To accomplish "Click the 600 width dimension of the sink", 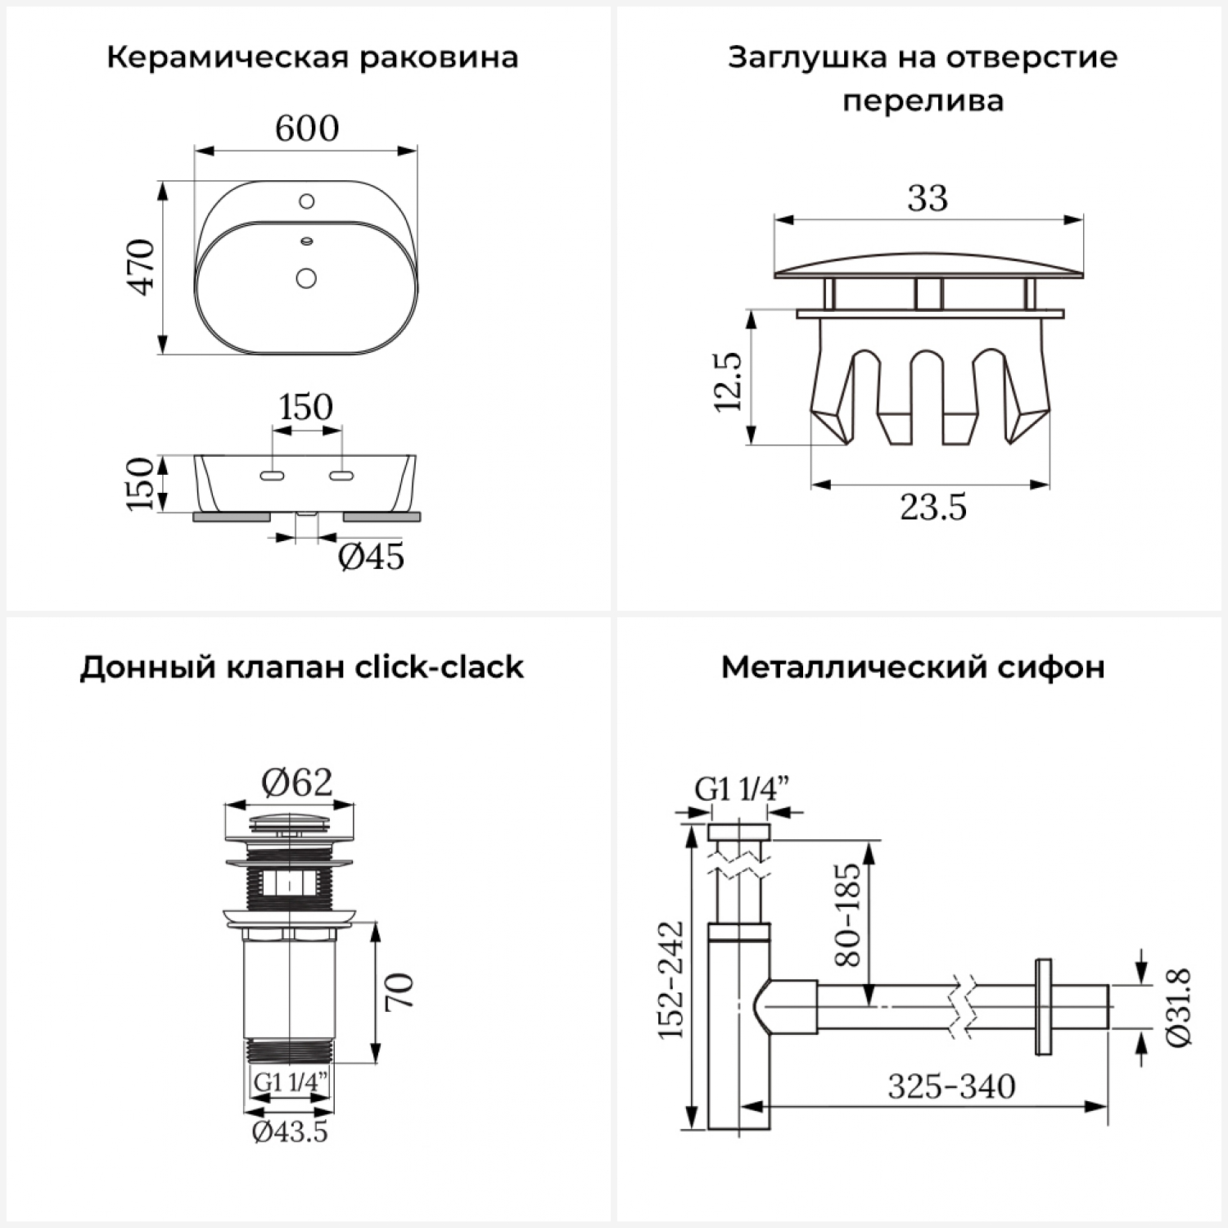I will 306,129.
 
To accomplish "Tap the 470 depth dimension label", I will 142,267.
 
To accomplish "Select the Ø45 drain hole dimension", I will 371,557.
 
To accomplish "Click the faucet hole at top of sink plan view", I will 307,201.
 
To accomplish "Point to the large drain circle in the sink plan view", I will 306,278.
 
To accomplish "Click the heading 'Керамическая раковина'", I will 312,58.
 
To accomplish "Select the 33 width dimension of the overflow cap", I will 928,198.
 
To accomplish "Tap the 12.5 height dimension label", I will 728,381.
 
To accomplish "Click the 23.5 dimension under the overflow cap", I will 932,508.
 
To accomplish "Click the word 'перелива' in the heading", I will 923,102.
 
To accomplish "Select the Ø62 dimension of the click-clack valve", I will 296,783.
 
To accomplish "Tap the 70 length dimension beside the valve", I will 400,991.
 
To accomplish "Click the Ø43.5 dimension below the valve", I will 290,1131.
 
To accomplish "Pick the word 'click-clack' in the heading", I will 439,667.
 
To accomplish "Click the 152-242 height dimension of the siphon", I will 671,980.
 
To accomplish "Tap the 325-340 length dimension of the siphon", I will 951,1086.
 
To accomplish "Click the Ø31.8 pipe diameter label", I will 1178,1006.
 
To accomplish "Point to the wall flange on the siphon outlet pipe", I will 1043,1007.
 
